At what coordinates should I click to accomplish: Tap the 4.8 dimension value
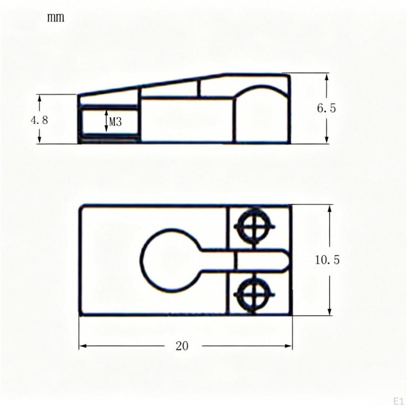[x=39, y=120]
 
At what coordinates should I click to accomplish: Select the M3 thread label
[x=115, y=122]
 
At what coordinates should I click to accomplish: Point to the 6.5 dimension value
[x=326, y=108]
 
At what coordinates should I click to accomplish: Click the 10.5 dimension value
[x=328, y=260]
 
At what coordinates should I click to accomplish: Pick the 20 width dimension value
[x=182, y=346]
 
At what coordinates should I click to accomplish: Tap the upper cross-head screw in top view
[x=254, y=227]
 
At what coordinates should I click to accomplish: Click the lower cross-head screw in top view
[x=254, y=295]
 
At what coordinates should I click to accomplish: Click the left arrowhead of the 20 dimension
[x=83, y=346]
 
